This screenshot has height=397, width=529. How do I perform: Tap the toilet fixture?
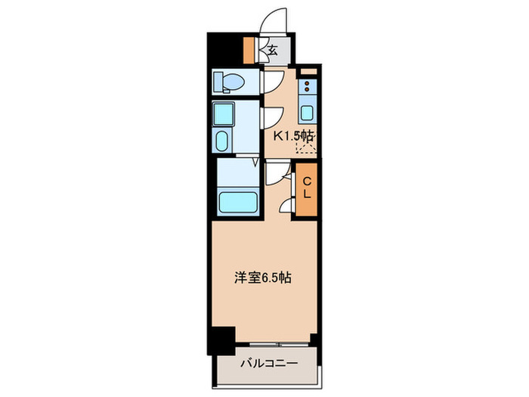tap(226, 82)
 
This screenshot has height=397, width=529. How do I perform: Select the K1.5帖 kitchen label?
tap(293, 136)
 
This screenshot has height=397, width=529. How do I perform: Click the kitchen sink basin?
tap(308, 114)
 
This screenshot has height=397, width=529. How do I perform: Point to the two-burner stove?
tap(308, 86)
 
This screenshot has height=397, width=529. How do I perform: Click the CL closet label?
tap(308, 188)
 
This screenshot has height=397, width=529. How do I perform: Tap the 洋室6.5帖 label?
tap(262, 278)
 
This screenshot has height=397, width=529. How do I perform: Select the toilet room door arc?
tap(271, 82)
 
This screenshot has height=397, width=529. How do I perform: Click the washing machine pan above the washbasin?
tap(224, 115)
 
